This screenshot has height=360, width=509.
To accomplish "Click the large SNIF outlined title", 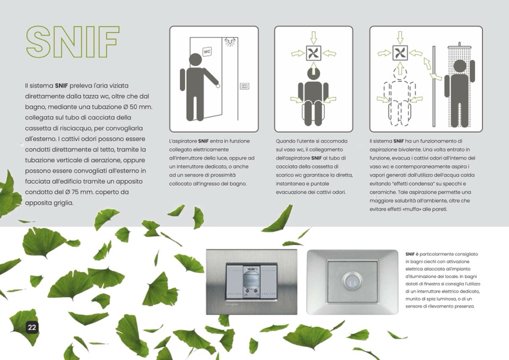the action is click(x=73, y=41).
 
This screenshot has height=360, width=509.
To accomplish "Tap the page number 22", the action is click(x=32, y=327).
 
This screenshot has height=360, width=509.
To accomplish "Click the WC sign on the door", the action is click(x=207, y=52).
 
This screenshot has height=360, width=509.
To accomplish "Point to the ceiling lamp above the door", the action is click(x=230, y=41).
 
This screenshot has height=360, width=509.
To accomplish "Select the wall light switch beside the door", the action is click(x=245, y=86).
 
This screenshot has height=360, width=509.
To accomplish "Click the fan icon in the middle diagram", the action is click(x=313, y=53).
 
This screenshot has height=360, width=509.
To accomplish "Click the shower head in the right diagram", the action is click(x=459, y=46).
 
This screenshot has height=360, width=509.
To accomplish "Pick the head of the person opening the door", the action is click(x=195, y=60).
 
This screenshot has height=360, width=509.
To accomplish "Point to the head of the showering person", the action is click(x=460, y=66).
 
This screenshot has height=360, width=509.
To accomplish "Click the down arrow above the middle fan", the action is click(x=313, y=37).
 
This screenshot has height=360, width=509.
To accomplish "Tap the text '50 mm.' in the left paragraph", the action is click(x=141, y=107).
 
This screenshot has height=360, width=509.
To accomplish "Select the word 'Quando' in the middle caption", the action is click(x=284, y=141).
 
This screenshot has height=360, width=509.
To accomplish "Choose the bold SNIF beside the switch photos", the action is click(x=410, y=254).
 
